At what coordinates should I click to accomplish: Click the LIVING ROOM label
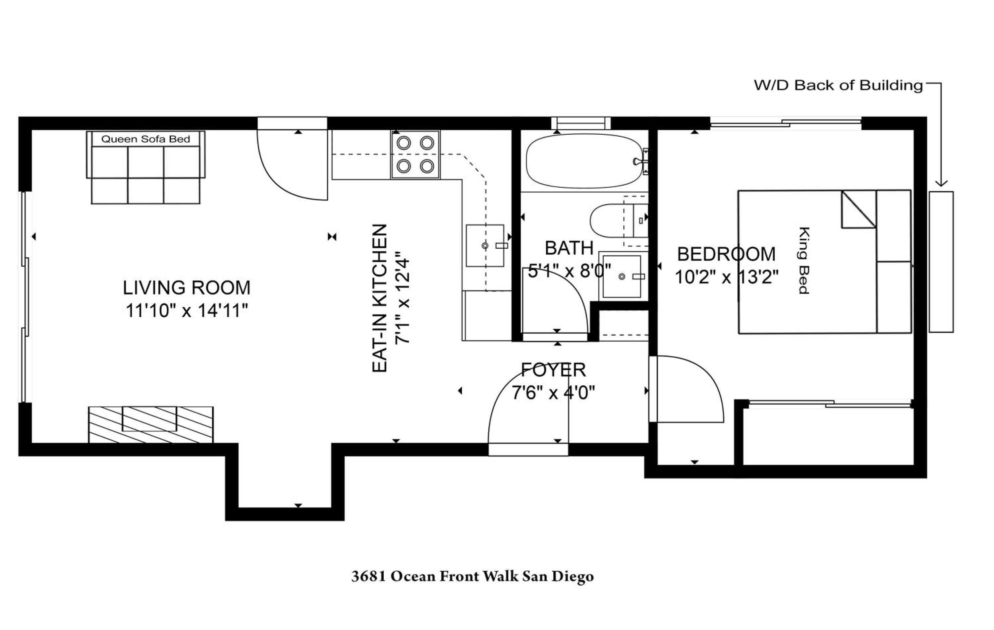(187, 287)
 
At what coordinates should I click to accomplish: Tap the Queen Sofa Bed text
(146, 139)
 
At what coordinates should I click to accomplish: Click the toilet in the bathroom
(618, 220)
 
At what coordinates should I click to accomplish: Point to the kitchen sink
(485, 246)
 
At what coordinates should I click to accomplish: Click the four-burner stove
(415, 155)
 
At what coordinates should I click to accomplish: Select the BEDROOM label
(726, 254)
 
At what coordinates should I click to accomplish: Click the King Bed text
(803, 260)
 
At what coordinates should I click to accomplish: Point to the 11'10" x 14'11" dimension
(187, 311)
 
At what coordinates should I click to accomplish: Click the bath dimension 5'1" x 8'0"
(569, 271)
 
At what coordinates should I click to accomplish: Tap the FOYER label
(553, 370)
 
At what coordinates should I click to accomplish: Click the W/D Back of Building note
(838, 86)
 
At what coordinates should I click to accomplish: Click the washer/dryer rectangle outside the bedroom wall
(941, 262)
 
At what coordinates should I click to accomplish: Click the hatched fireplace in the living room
(151, 425)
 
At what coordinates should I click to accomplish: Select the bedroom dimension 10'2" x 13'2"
(727, 277)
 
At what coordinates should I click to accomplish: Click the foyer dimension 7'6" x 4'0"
(553, 393)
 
